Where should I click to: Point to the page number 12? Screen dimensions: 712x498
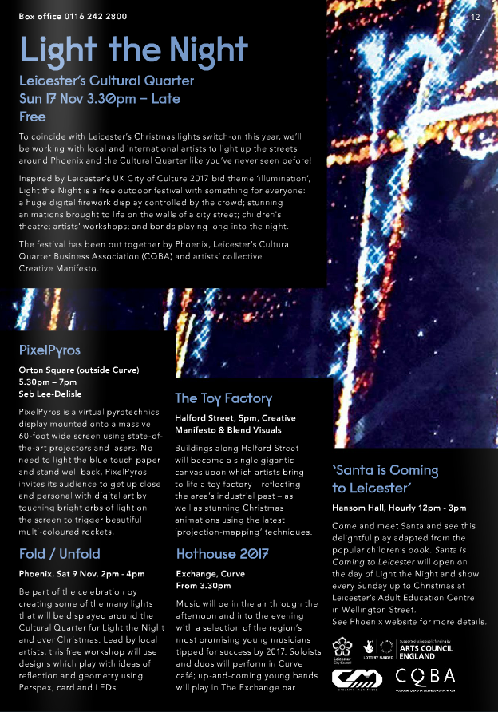(x=476, y=17)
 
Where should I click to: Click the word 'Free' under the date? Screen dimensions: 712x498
(x=32, y=117)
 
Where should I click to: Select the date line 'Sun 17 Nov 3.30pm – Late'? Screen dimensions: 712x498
(x=100, y=99)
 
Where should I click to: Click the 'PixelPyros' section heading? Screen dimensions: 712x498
(x=49, y=350)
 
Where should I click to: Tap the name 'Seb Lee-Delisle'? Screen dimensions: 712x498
(x=49, y=394)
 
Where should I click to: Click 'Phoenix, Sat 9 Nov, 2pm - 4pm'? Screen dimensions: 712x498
(x=81, y=573)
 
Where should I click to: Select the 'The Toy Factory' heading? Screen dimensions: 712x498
(x=223, y=398)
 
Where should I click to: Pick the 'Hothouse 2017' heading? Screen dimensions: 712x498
(x=223, y=554)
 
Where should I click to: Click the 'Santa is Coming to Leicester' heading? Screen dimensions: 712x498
(x=385, y=479)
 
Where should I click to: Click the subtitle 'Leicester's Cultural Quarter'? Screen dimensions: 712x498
(x=106, y=81)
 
